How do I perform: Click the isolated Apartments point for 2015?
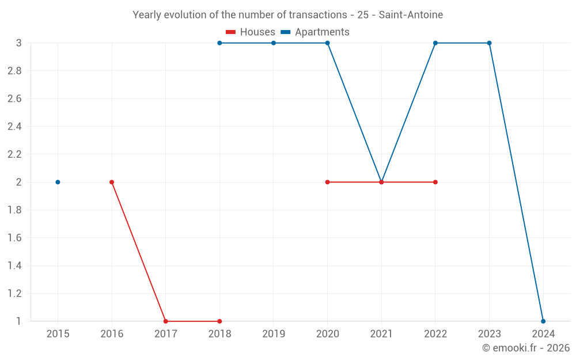click(x=58, y=182)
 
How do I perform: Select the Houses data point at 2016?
click(x=112, y=182)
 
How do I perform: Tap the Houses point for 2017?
click(x=166, y=321)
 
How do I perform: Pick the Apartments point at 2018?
click(x=219, y=43)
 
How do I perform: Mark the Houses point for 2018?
click(x=219, y=321)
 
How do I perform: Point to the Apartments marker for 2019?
click(x=274, y=43)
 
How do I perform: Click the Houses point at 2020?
click(x=327, y=182)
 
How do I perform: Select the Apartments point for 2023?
click(x=489, y=43)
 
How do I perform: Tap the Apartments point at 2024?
click(x=543, y=321)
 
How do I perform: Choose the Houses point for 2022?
click(x=435, y=182)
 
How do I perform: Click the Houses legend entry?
click(x=251, y=32)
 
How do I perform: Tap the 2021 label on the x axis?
click(x=381, y=334)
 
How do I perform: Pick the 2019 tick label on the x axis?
click(x=274, y=334)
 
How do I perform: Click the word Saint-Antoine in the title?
click(x=413, y=15)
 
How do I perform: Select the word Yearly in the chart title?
click(x=146, y=15)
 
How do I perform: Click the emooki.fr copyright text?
click(x=526, y=348)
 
